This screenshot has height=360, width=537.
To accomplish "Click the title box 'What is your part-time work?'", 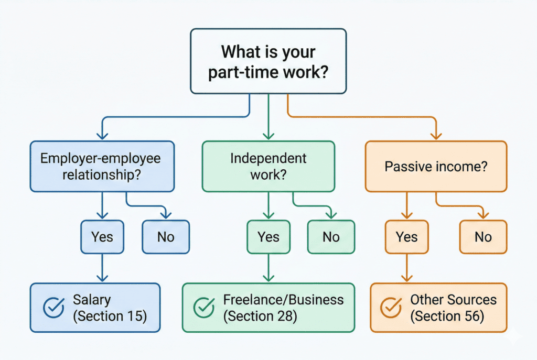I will point(268,62).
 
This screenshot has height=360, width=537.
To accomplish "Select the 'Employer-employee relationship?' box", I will point(102,166).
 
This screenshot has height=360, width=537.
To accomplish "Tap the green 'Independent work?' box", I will point(268,166).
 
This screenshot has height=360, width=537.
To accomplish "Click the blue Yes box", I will point(102,237).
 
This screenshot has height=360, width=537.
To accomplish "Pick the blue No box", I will point(166,237).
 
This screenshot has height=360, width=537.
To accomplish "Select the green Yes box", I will point(268,237).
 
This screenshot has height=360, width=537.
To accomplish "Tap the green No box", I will point(331,237).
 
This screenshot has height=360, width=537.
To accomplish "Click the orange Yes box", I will point(406,237).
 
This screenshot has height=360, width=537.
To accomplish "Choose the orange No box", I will point(483,237).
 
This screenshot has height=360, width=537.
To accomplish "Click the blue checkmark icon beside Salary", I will point(52,308).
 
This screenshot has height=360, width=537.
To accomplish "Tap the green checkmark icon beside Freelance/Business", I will point(204,308).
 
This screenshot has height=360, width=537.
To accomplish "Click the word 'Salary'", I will point(92,300).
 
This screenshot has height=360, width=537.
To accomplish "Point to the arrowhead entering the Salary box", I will point(102,279).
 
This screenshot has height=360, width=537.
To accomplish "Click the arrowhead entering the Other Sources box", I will point(406,279).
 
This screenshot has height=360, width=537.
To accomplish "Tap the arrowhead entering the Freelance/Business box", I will point(268,279).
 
